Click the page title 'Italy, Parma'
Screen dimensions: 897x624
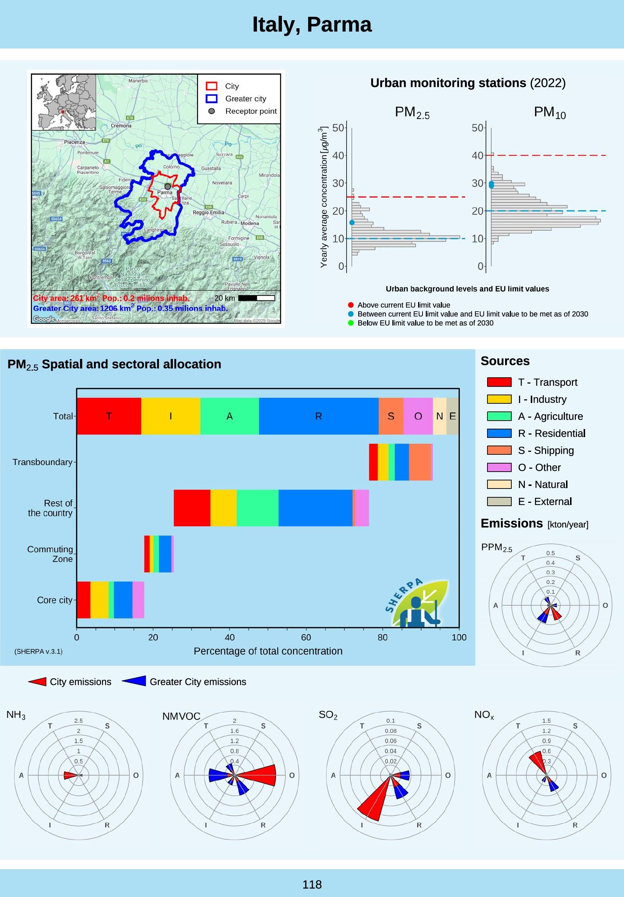point(312,25)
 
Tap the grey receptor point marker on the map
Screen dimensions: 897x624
point(168,187)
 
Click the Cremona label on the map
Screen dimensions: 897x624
point(121,126)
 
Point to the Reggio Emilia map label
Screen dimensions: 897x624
point(208,213)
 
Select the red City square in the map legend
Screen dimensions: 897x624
point(211,86)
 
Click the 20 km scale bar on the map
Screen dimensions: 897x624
point(256,298)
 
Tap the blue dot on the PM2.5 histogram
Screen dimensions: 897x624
point(352,223)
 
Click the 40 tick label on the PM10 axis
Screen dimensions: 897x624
point(478,156)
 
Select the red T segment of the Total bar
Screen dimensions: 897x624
point(109,416)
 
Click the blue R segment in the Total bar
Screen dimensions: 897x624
point(319,416)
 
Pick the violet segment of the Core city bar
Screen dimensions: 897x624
point(138,600)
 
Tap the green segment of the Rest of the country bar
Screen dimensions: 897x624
point(258,508)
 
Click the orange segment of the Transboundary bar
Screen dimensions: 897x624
point(420,462)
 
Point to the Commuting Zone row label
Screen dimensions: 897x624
point(50,554)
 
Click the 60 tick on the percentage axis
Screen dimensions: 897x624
point(306,638)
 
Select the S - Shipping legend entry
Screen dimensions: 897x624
point(545,450)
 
